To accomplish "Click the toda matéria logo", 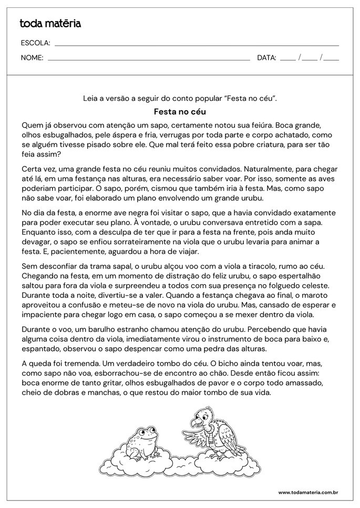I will point(50,24).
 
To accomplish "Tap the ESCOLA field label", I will point(35,43).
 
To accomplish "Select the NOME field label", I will point(32,58).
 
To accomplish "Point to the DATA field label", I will point(266,58).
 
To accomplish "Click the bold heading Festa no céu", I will point(180,112).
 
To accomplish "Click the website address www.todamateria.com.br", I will point(307,492).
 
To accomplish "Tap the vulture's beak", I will point(196,420).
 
